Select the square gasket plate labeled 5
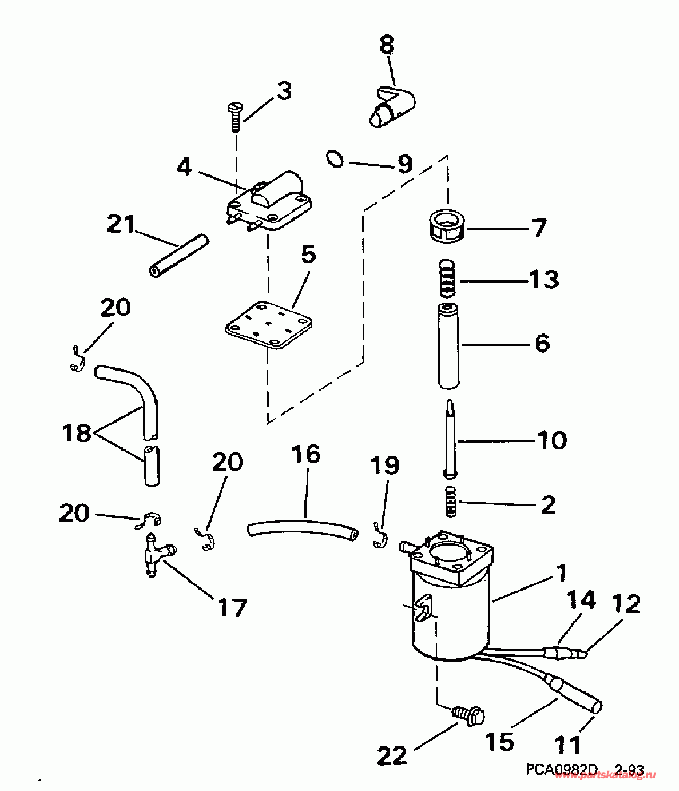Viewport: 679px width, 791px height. pyautogui.click(x=268, y=325)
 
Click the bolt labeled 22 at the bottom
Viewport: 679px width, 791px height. pyautogui.click(x=470, y=716)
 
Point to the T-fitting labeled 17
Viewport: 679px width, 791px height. pyautogui.click(x=154, y=557)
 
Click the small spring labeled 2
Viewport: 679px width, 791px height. pyautogui.click(x=450, y=502)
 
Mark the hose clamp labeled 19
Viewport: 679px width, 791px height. pyautogui.click(x=380, y=537)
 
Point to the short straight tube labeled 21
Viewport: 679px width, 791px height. pyautogui.click(x=178, y=256)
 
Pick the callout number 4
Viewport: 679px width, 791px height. pyautogui.click(x=184, y=168)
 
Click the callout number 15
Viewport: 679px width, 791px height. pyautogui.click(x=500, y=742)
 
